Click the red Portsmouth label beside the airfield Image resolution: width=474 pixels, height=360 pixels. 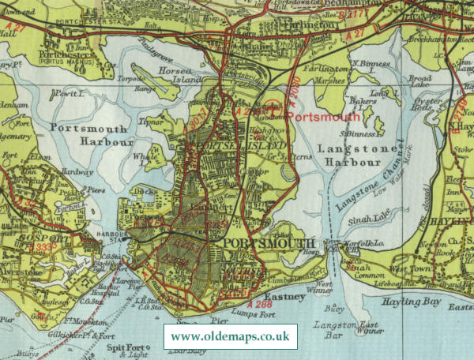[x=322, y=116]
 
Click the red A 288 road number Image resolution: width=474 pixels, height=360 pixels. [x=258, y=303]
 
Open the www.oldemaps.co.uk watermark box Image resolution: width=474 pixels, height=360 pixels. [x=230, y=337]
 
